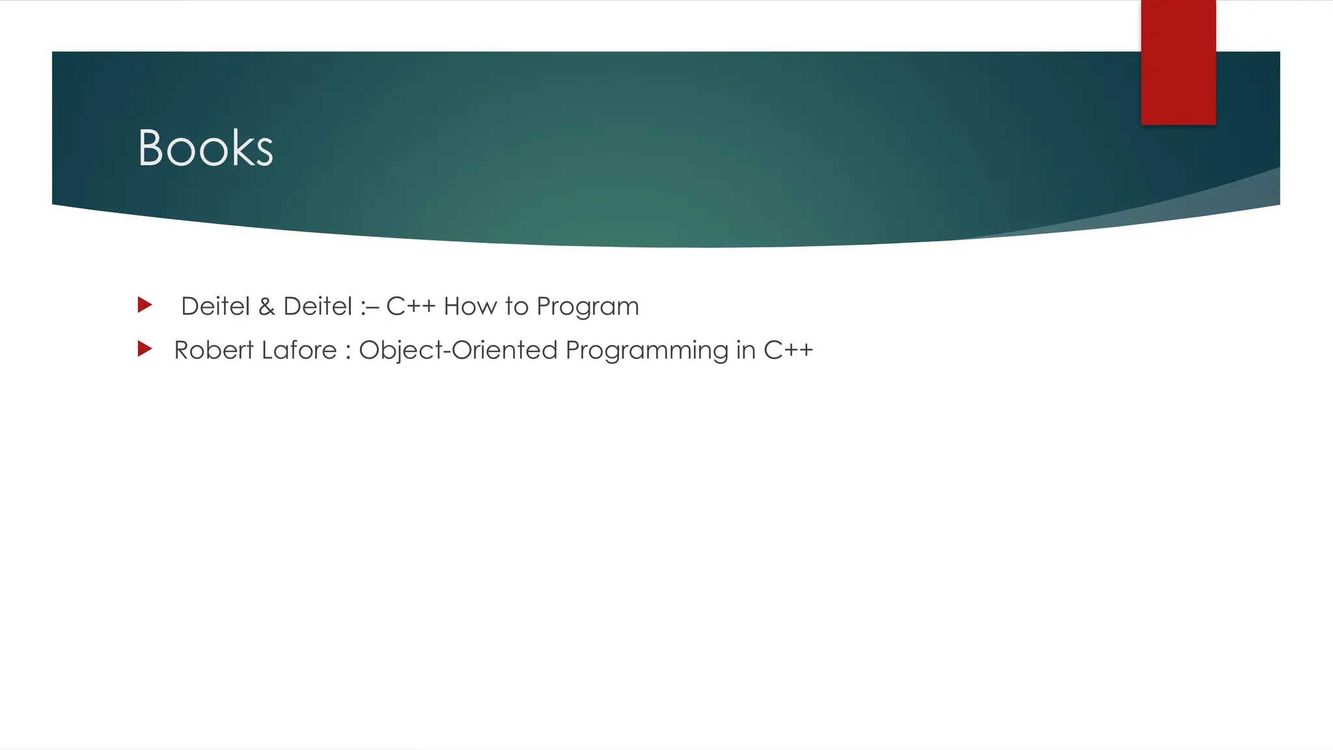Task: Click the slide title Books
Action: pyautogui.click(x=205, y=148)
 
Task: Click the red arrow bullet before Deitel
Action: pyautogui.click(x=144, y=305)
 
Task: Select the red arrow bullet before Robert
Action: pyautogui.click(x=144, y=349)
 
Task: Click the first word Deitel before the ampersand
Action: pyautogui.click(x=215, y=306)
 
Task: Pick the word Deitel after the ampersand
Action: pyautogui.click(x=318, y=306)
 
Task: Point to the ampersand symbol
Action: pyautogui.click(x=267, y=307)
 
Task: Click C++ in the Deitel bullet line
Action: pyautogui.click(x=410, y=306)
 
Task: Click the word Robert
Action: pyautogui.click(x=213, y=350)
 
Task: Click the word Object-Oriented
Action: pyautogui.click(x=458, y=350)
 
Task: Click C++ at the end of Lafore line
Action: pyautogui.click(x=788, y=350)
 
